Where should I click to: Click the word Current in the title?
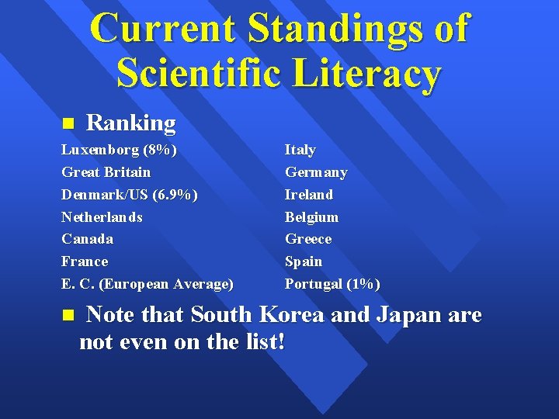[162, 29]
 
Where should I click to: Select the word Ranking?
[130, 123]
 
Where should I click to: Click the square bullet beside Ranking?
[67, 123]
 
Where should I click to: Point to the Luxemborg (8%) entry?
[119, 149]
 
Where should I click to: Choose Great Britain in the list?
[106, 171]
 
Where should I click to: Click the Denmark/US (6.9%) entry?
[129, 194]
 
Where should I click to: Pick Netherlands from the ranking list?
[102, 216]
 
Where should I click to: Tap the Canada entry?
[87, 239]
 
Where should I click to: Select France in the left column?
[85, 261]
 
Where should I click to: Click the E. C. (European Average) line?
[148, 284]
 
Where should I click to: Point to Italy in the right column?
[300, 149]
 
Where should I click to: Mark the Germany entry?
[316, 171]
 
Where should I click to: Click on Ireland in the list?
[309, 194]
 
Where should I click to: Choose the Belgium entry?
[311, 216]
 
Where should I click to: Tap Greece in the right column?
[308, 239]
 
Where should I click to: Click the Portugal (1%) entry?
[332, 284]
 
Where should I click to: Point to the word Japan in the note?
[404, 316]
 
